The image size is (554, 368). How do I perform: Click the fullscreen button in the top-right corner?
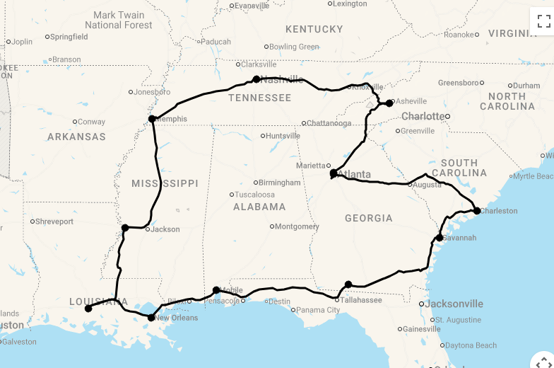[543, 20]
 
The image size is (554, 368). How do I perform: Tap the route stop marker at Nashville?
[257, 79]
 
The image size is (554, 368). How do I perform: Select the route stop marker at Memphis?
[152, 119]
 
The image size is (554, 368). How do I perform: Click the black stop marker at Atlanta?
[334, 173]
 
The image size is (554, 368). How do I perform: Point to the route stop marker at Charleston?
[477, 211]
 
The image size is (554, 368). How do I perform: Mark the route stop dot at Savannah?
[440, 238]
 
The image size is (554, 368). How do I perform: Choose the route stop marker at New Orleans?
[151, 318]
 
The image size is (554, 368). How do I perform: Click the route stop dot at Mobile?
[216, 290]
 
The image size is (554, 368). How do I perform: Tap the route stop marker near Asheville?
[389, 103]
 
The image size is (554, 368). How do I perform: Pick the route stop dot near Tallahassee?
[348, 284]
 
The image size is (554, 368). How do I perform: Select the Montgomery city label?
[297, 226]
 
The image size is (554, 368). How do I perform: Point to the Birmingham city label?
[279, 183]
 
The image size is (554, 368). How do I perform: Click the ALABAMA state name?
[259, 207]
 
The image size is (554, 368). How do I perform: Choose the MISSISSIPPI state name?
[165, 183]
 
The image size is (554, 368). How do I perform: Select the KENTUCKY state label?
[314, 30]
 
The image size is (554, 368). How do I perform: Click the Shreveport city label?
[54, 222]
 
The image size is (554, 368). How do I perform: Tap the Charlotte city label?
[423, 116]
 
